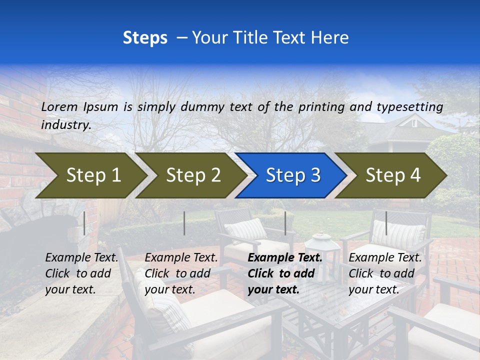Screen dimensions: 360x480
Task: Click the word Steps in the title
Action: (x=145, y=38)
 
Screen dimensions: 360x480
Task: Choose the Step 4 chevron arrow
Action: (x=391, y=175)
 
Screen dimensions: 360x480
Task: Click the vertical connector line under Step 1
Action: (x=84, y=223)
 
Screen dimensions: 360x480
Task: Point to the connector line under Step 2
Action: (x=184, y=223)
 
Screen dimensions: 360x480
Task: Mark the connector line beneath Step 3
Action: (x=285, y=223)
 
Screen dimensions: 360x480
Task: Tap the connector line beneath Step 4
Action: (x=386, y=223)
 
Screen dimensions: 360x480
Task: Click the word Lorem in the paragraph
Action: (x=59, y=107)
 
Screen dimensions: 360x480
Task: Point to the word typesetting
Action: (x=409, y=107)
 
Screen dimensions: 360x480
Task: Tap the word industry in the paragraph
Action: (x=65, y=125)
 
